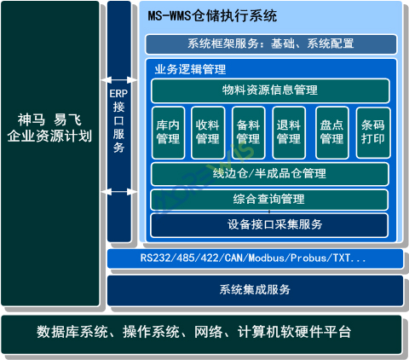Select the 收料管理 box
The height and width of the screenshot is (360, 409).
point(207,133)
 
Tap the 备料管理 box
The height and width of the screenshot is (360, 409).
point(248,133)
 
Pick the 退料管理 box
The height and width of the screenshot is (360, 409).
point(289,133)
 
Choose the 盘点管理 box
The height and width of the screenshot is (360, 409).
point(331,133)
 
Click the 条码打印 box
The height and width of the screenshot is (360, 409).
point(372,133)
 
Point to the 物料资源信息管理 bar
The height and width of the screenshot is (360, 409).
point(269,90)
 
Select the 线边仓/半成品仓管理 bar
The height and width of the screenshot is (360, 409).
point(269,174)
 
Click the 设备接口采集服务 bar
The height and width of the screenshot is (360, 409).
point(269,225)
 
